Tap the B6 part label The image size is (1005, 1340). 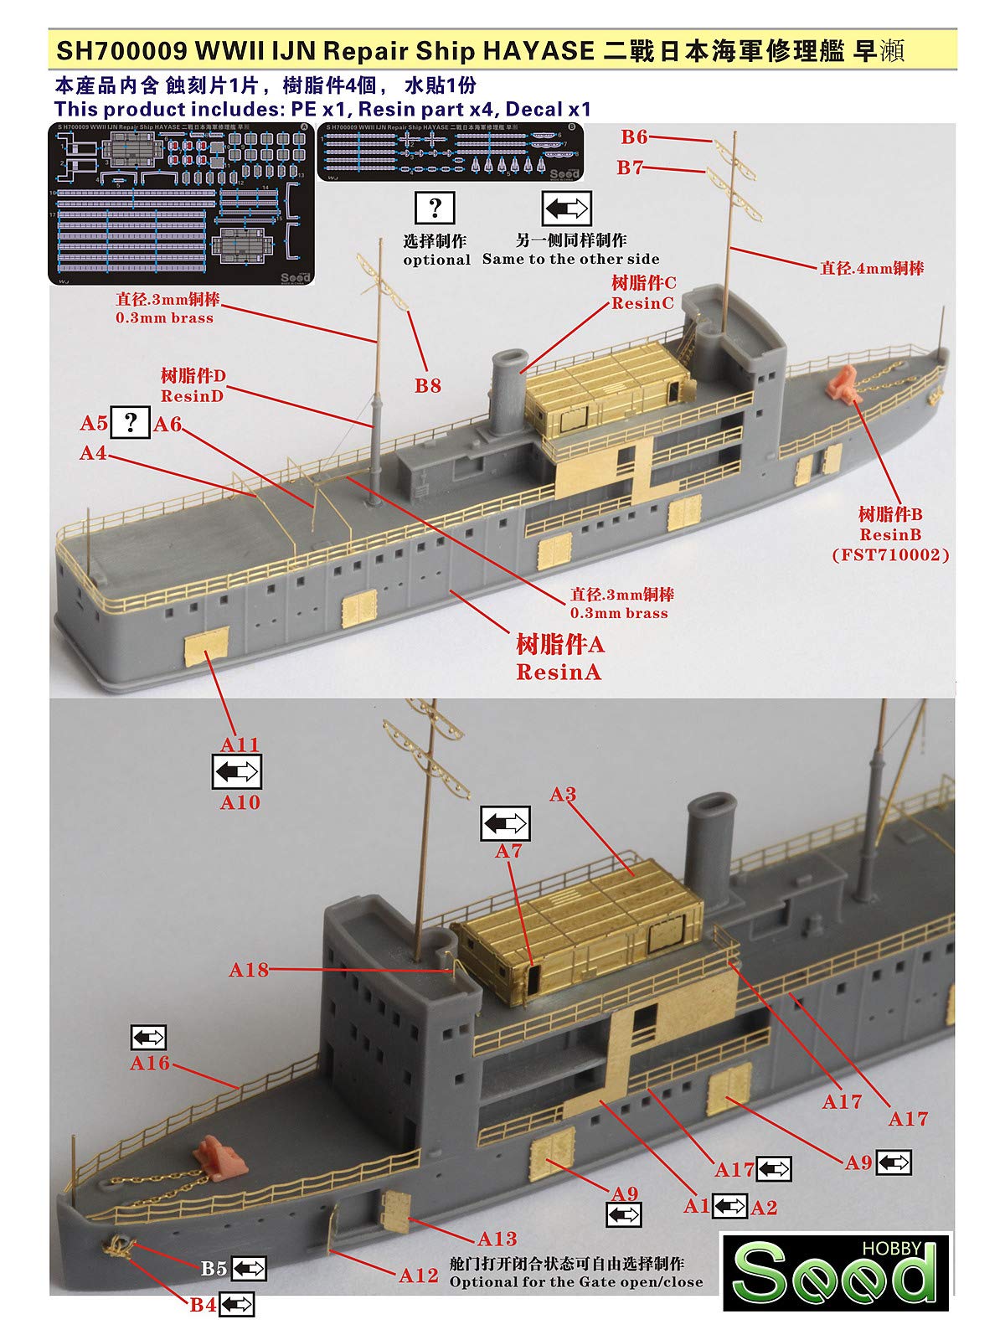click(634, 137)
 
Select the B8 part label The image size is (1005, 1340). click(427, 386)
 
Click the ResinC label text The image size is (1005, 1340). click(642, 303)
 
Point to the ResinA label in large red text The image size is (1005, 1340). click(559, 672)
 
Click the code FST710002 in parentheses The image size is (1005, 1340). click(890, 554)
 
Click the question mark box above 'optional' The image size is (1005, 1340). click(435, 208)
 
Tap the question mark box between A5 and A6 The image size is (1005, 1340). click(131, 422)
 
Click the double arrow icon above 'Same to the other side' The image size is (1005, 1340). click(566, 208)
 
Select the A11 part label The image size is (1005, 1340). click(240, 745)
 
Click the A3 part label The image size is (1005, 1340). click(563, 794)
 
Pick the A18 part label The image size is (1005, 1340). click(249, 970)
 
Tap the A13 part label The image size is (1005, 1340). click(497, 1239)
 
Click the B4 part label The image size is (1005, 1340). click(203, 1305)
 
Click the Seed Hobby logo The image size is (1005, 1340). click(837, 1271)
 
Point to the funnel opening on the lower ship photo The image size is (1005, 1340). click(710, 807)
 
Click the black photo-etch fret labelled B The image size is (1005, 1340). click(451, 152)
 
